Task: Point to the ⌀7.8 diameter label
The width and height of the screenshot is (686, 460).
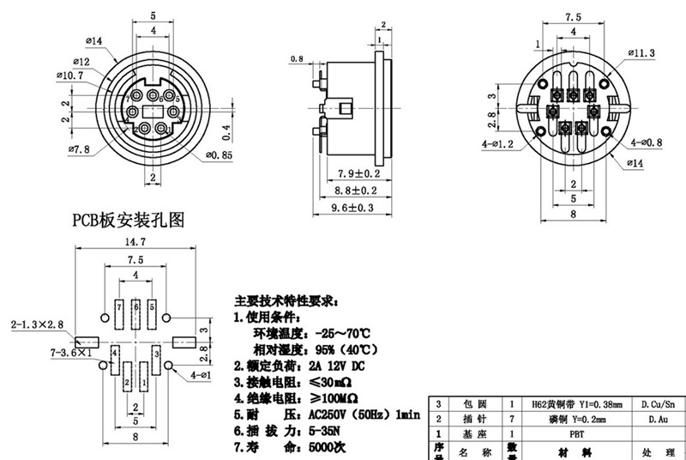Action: (x=79, y=149)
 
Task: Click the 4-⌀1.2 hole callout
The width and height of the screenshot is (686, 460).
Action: (x=497, y=144)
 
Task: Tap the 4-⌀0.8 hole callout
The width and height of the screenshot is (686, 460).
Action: (x=645, y=142)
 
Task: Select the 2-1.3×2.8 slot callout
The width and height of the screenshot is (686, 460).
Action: (x=38, y=325)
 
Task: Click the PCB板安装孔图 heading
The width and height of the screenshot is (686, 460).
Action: (x=127, y=221)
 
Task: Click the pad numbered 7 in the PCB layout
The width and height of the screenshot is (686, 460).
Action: (x=117, y=306)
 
